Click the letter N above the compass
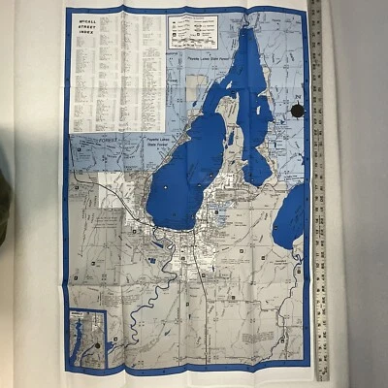pyautogui.click(x=298, y=97)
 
